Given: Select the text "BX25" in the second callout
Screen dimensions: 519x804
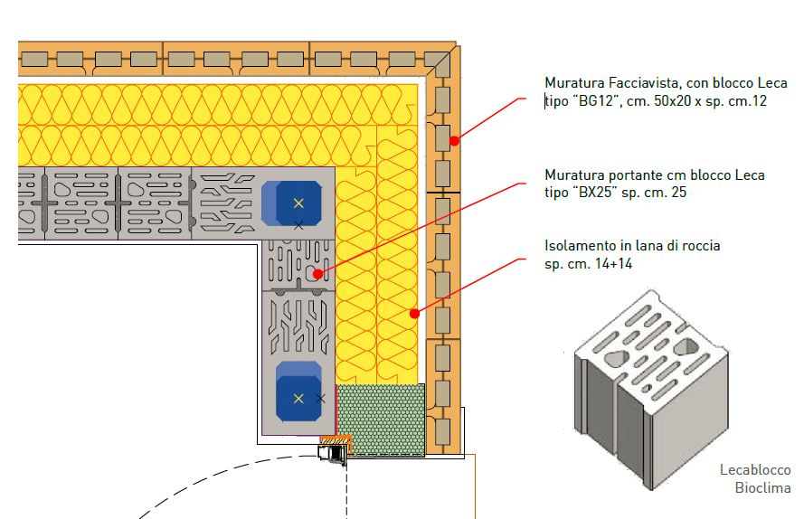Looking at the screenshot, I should click(592, 193).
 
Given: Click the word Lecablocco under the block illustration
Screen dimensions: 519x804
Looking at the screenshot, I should click(755, 470).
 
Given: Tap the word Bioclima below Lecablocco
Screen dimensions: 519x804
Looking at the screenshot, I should click(763, 488).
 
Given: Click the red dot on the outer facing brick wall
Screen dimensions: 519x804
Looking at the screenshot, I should click(455, 139).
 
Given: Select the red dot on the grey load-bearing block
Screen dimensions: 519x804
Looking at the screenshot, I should click(317, 272).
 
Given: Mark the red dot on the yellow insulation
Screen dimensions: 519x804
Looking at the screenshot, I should click(413, 314).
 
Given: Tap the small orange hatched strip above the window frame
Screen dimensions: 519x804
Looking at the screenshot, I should click(337, 439).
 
